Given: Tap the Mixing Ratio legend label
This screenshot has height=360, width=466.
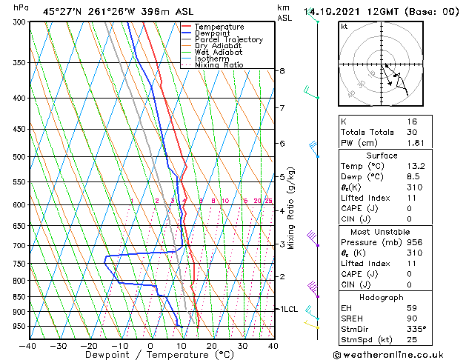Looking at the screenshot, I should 220,65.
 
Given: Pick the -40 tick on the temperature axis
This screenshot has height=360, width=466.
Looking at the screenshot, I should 27,346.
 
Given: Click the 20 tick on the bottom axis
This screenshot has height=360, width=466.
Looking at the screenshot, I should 211,346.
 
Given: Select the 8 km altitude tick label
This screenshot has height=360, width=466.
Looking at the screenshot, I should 282,71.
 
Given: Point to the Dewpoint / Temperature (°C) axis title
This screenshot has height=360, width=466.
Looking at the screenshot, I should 150,356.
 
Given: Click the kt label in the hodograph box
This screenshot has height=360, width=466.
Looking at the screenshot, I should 344,27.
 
